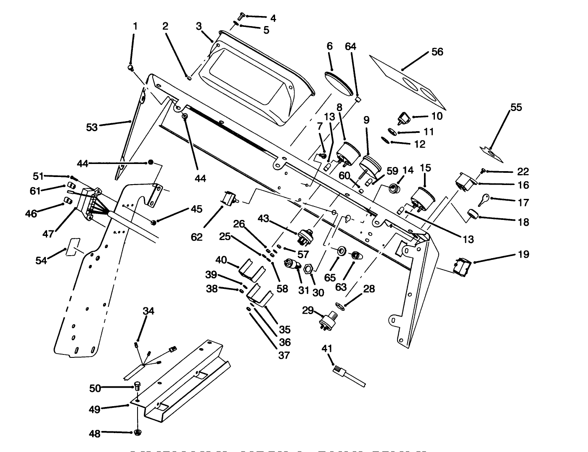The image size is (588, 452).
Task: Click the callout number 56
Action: tap(437, 52)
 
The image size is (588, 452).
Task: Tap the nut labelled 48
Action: tap(138, 432)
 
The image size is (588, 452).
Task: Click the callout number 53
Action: tap(92, 127)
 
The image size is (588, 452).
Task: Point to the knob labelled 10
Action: tap(404, 118)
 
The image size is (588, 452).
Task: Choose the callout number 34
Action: tap(148, 311)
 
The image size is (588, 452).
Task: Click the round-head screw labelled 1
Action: tap(131, 67)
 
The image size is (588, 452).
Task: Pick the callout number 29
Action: tap(308, 310)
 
